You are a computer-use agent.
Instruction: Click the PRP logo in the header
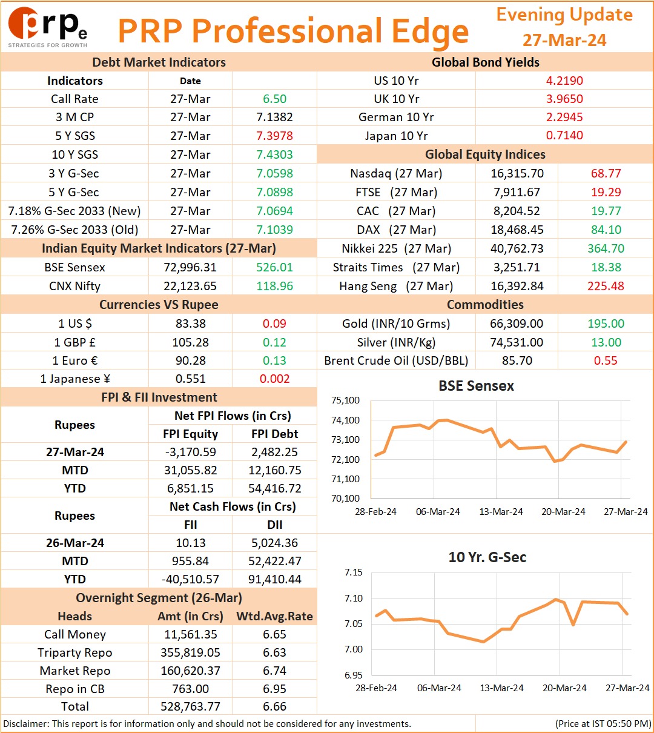(x=47, y=27)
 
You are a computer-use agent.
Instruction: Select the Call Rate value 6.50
(x=274, y=99)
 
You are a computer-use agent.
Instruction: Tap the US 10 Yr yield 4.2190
(x=564, y=81)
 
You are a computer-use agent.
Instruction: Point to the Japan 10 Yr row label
(x=396, y=136)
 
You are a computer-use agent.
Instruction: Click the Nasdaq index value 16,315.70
(x=517, y=173)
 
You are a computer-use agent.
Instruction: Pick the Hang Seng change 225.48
(x=606, y=286)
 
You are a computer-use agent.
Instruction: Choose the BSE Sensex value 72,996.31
(x=190, y=267)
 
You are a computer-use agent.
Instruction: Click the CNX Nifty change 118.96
(x=274, y=286)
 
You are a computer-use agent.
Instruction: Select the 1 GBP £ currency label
(x=75, y=342)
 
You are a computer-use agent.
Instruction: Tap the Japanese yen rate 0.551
(x=191, y=379)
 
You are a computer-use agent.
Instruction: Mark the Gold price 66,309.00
(x=517, y=323)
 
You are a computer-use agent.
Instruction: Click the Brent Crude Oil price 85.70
(x=517, y=360)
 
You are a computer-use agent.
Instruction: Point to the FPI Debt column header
(x=274, y=434)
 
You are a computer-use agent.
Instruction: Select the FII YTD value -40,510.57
(x=190, y=579)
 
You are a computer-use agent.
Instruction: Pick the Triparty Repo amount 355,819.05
(x=190, y=652)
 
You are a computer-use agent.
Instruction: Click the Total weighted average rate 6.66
(x=274, y=706)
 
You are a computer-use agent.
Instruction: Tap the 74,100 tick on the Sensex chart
(x=345, y=420)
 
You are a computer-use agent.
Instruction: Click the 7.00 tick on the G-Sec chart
(x=354, y=649)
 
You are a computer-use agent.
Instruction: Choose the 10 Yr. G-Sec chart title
(x=487, y=557)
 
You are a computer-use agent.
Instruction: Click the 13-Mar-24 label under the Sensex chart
(x=501, y=511)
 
